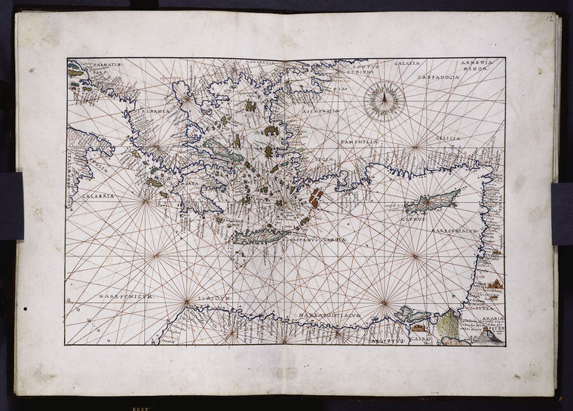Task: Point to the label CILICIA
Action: click(x=448, y=139)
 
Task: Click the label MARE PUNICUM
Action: click(x=126, y=296)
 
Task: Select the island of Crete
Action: click(x=260, y=236)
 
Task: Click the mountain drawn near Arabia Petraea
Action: click(x=488, y=338)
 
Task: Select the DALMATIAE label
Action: click(x=103, y=66)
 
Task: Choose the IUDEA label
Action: click(x=483, y=308)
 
